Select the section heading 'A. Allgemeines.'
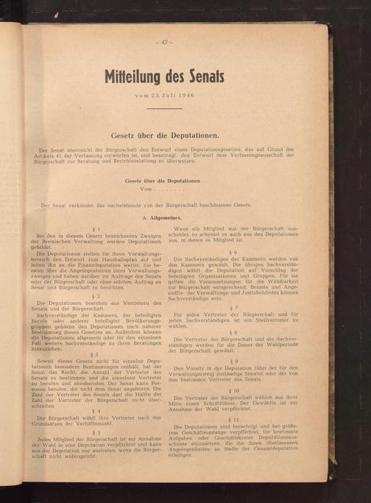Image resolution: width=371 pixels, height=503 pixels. [x=163, y=220]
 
